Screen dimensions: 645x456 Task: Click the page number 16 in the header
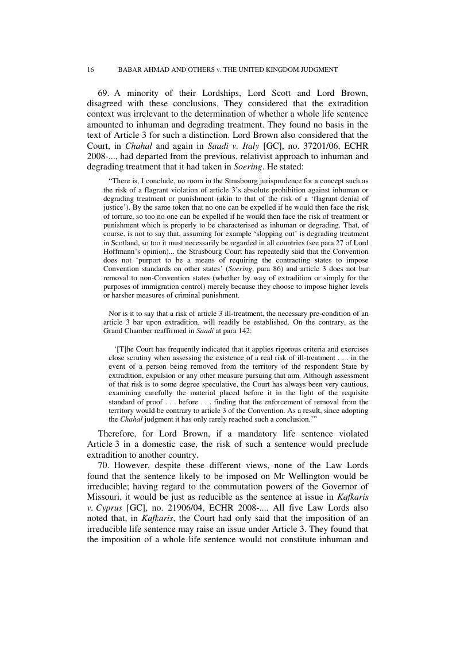[x=90, y=70]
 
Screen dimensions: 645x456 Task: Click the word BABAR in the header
[x=130, y=70]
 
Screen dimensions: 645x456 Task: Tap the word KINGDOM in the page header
[x=273, y=70]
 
